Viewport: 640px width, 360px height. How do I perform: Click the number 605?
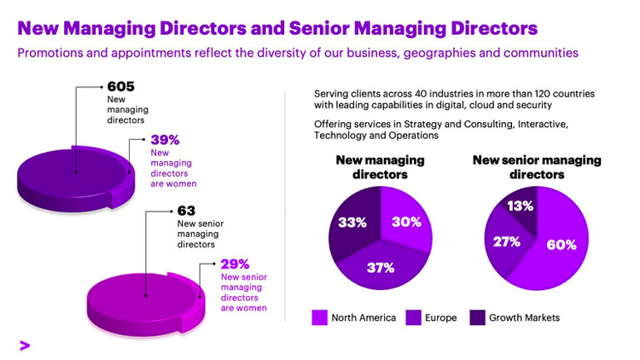(x=122, y=86)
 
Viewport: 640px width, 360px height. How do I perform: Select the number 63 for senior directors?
(x=186, y=210)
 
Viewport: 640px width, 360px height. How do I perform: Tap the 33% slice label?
(x=350, y=222)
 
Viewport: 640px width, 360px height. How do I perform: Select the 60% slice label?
(x=561, y=245)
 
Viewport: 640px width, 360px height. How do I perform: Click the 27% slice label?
(x=507, y=241)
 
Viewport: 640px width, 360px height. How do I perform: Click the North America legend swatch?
(x=321, y=317)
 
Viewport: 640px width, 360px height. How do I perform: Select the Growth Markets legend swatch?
(x=478, y=317)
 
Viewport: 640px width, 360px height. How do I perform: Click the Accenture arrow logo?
(x=25, y=344)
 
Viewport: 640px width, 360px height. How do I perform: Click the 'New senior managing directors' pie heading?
(x=537, y=167)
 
